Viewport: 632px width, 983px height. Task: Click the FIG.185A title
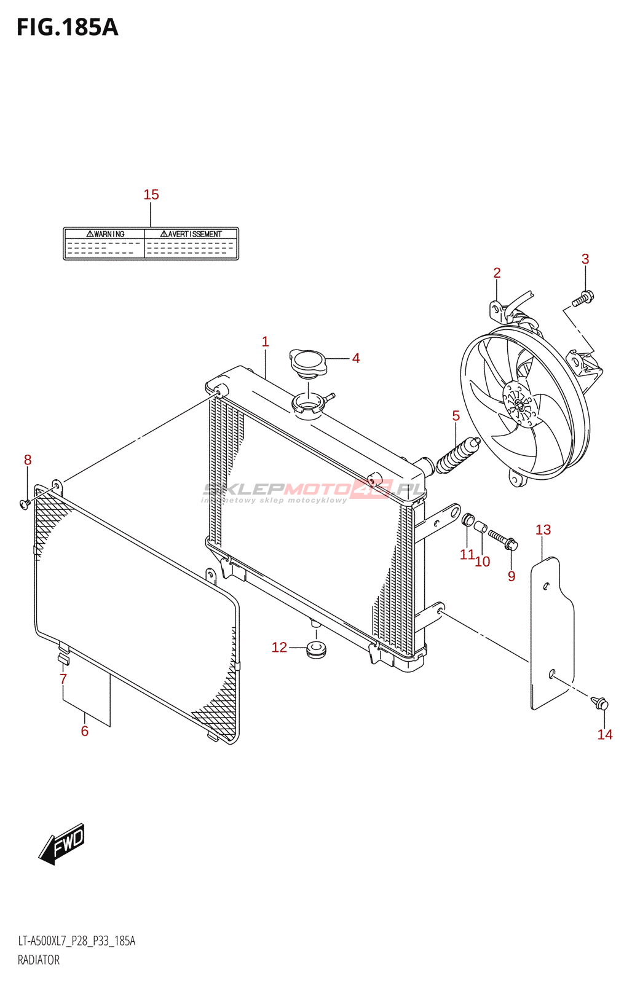67,28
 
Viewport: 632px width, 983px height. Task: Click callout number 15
151,195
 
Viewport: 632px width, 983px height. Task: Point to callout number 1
266,342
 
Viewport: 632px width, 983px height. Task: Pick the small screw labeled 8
25,504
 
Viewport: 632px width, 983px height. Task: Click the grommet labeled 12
317,649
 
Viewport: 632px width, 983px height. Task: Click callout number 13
543,530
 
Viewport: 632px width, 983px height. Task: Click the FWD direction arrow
62,844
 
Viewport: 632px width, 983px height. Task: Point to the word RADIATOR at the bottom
39,960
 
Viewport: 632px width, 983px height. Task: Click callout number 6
85,731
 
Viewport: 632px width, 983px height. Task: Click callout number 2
497,273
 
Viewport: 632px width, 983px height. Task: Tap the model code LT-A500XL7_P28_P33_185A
76,941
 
